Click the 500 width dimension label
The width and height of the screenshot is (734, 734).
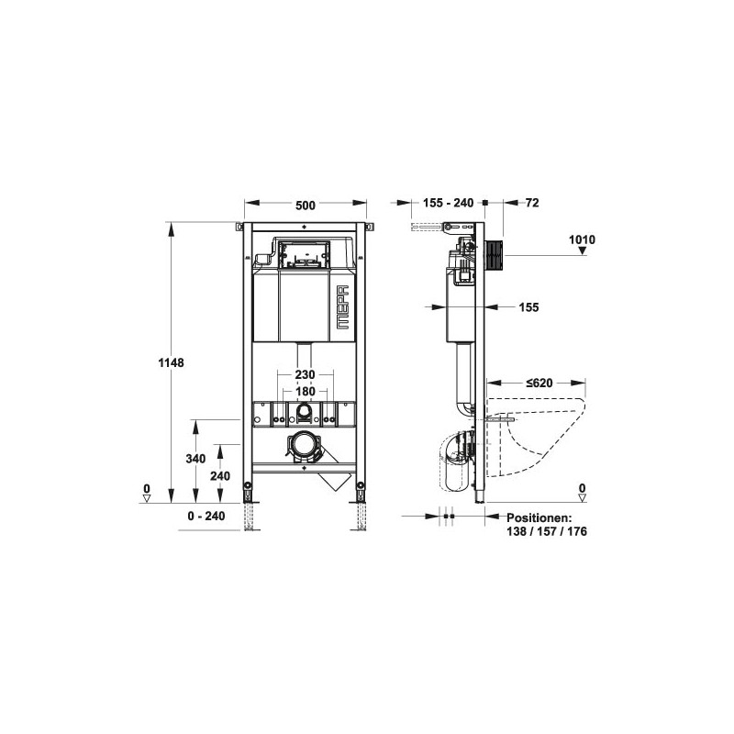[x=306, y=206]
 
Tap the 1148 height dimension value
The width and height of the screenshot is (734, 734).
[x=171, y=362]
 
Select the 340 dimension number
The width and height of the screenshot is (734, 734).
[x=195, y=458]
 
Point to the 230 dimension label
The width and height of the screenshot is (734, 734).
[x=306, y=374]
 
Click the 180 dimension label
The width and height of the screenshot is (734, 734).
[x=306, y=391]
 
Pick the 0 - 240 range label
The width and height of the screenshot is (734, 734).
[x=206, y=516]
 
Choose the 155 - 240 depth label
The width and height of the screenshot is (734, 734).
[x=449, y=203]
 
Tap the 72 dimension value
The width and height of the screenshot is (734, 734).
[x=532, y=203]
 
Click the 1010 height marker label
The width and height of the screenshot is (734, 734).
[x=582, y=239]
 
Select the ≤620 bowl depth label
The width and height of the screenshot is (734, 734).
[x=539, y=383]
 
